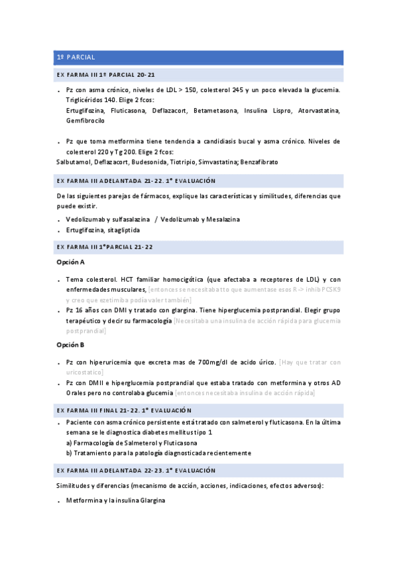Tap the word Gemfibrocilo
point(85,121)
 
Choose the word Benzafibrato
point(259,162)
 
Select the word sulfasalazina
point(127,219)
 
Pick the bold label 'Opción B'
point(71,345)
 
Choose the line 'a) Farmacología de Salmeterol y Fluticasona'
point(131,443)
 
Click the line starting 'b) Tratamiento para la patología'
point(158,453)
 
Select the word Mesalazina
point(219,219)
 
